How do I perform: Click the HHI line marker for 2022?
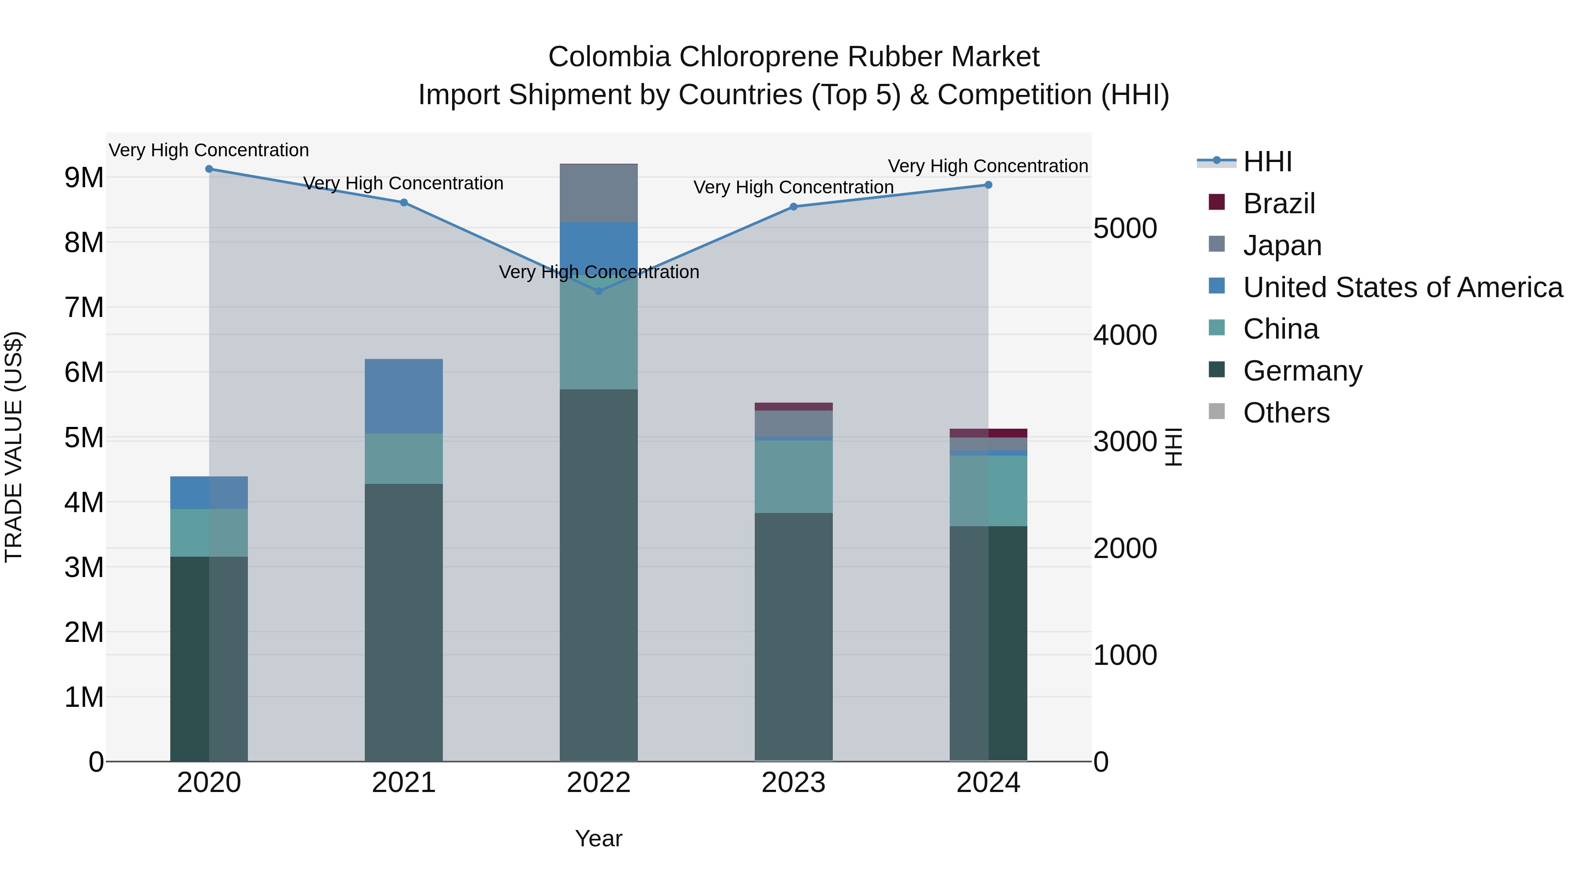click(598, 291)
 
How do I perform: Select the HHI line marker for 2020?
click(209, 169)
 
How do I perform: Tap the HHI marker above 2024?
click(988, 185)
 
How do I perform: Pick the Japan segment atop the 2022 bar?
click(598, 193)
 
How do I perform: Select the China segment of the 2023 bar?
click(794, 476)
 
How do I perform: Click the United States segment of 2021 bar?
click(404, 396)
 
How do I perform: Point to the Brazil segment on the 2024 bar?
click(988, 433)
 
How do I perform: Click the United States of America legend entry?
click(1402, 287)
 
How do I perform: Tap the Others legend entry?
click(1286, 413)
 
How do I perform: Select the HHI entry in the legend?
click(1267, 162)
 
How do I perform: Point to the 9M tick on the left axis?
click(84, 177)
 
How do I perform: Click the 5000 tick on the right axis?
click(1125, 228)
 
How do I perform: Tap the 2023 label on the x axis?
click(794, 783)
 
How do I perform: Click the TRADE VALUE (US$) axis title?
click(14, 447)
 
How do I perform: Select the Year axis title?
click(598, 838)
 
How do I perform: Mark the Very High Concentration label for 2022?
click(598, 272)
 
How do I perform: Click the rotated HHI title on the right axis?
click(1174, 447)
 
